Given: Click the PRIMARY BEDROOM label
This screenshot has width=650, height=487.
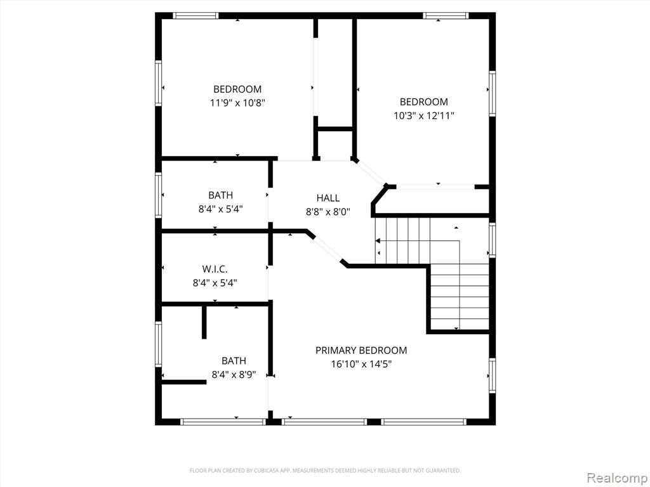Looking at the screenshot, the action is click(361, 350).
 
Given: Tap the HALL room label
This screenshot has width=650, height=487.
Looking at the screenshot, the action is click(328, 198).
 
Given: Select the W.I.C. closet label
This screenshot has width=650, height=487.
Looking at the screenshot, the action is click(215, 269).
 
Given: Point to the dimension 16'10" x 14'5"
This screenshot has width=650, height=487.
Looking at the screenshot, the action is click(361, 365).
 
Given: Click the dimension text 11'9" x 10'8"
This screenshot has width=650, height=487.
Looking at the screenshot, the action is click(237, 103).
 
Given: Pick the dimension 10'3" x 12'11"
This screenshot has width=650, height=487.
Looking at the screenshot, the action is click(423, 115).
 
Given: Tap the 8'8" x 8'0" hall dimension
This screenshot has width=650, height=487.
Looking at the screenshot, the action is click(328, 212).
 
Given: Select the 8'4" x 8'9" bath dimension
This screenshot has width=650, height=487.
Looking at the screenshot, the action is click(234, 375).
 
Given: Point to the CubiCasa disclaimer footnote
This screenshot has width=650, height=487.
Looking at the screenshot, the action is click(325, 471).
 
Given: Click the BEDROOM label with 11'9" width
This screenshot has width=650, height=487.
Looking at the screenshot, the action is click(237, 89).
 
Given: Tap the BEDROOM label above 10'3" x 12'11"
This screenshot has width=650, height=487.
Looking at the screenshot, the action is click(423, 102).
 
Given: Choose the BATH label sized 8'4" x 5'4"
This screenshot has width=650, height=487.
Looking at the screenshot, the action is click(220, 195).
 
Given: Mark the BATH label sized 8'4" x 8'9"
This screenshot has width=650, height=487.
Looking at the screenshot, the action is click(234, 361).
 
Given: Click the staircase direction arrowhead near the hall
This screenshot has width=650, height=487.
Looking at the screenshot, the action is click(378, 240).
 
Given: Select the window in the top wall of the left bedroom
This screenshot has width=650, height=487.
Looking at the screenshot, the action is click(196, 16).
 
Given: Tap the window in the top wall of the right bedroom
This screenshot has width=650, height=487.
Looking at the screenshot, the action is click(446, 16).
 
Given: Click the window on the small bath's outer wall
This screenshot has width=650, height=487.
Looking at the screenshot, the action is click(158, 195).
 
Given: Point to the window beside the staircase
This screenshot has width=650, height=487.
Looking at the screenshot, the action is click(492, 240).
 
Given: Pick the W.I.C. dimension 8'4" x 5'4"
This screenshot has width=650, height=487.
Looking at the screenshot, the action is click(215, 283).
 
